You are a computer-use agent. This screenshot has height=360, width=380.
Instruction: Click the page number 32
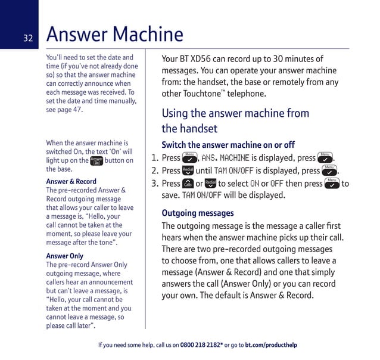pos(28,39)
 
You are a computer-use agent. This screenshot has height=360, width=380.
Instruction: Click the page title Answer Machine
pos(114,35)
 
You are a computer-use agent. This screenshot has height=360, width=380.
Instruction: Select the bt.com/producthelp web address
pos(271,345)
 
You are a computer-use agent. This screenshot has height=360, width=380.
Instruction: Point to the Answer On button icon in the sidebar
pos(96,160)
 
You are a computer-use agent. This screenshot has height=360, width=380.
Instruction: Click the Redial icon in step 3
pos(210,184)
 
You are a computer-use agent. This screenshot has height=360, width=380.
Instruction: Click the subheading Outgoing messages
pos(198,213)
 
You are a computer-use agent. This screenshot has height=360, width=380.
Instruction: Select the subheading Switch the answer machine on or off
pos(228,145)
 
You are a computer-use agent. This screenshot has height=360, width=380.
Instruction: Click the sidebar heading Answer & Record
pos(71,181)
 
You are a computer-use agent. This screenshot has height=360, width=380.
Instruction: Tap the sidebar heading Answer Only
pos(66,256)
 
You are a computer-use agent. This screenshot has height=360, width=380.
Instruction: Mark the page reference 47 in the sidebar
pos(78,110)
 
